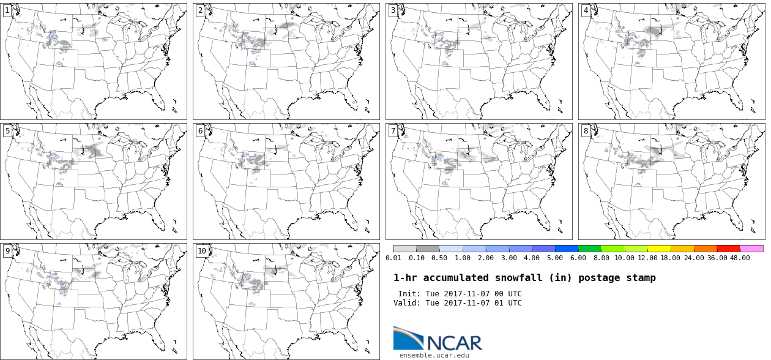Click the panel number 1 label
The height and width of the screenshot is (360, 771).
7,10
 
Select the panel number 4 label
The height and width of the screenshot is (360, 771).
586,10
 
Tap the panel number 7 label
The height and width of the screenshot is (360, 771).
393,130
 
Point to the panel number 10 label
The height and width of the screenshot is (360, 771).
202,250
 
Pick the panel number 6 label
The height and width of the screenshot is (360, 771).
200,130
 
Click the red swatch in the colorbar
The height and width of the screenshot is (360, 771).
728,249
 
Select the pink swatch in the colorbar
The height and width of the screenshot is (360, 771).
751,249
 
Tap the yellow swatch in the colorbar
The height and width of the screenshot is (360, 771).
659,249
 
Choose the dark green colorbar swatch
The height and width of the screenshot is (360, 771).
590,249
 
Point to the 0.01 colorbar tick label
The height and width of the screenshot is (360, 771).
393,258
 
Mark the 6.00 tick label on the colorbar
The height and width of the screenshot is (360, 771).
578,258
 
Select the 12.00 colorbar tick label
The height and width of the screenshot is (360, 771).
647,258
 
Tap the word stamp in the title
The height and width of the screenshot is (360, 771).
641,278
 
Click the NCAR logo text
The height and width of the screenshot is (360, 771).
454,343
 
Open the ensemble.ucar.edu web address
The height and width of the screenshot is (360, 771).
434,355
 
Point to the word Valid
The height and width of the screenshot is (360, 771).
407,303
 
